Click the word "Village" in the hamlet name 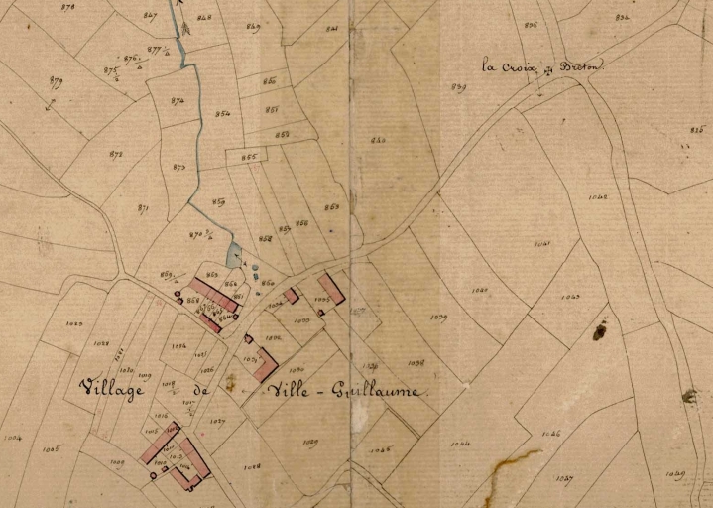tap(111, 388)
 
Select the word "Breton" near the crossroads tap(580, 66)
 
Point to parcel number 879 tap(56, 81)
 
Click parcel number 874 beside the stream tap(178, 101)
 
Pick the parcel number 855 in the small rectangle tap(249, 157)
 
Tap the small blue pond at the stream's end tap(234, 256)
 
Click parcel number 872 tap(116, 154)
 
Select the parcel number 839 tap(458, 87)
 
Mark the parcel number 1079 tap(438, 317)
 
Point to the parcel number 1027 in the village tap(217, 422)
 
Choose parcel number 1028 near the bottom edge tap(252, 465)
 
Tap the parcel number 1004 tap(12, 436)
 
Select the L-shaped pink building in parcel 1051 tap(263, 363)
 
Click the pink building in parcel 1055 tap(331, 289)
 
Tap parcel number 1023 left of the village tap(73, 323)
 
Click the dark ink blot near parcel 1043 tap(600, 329)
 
